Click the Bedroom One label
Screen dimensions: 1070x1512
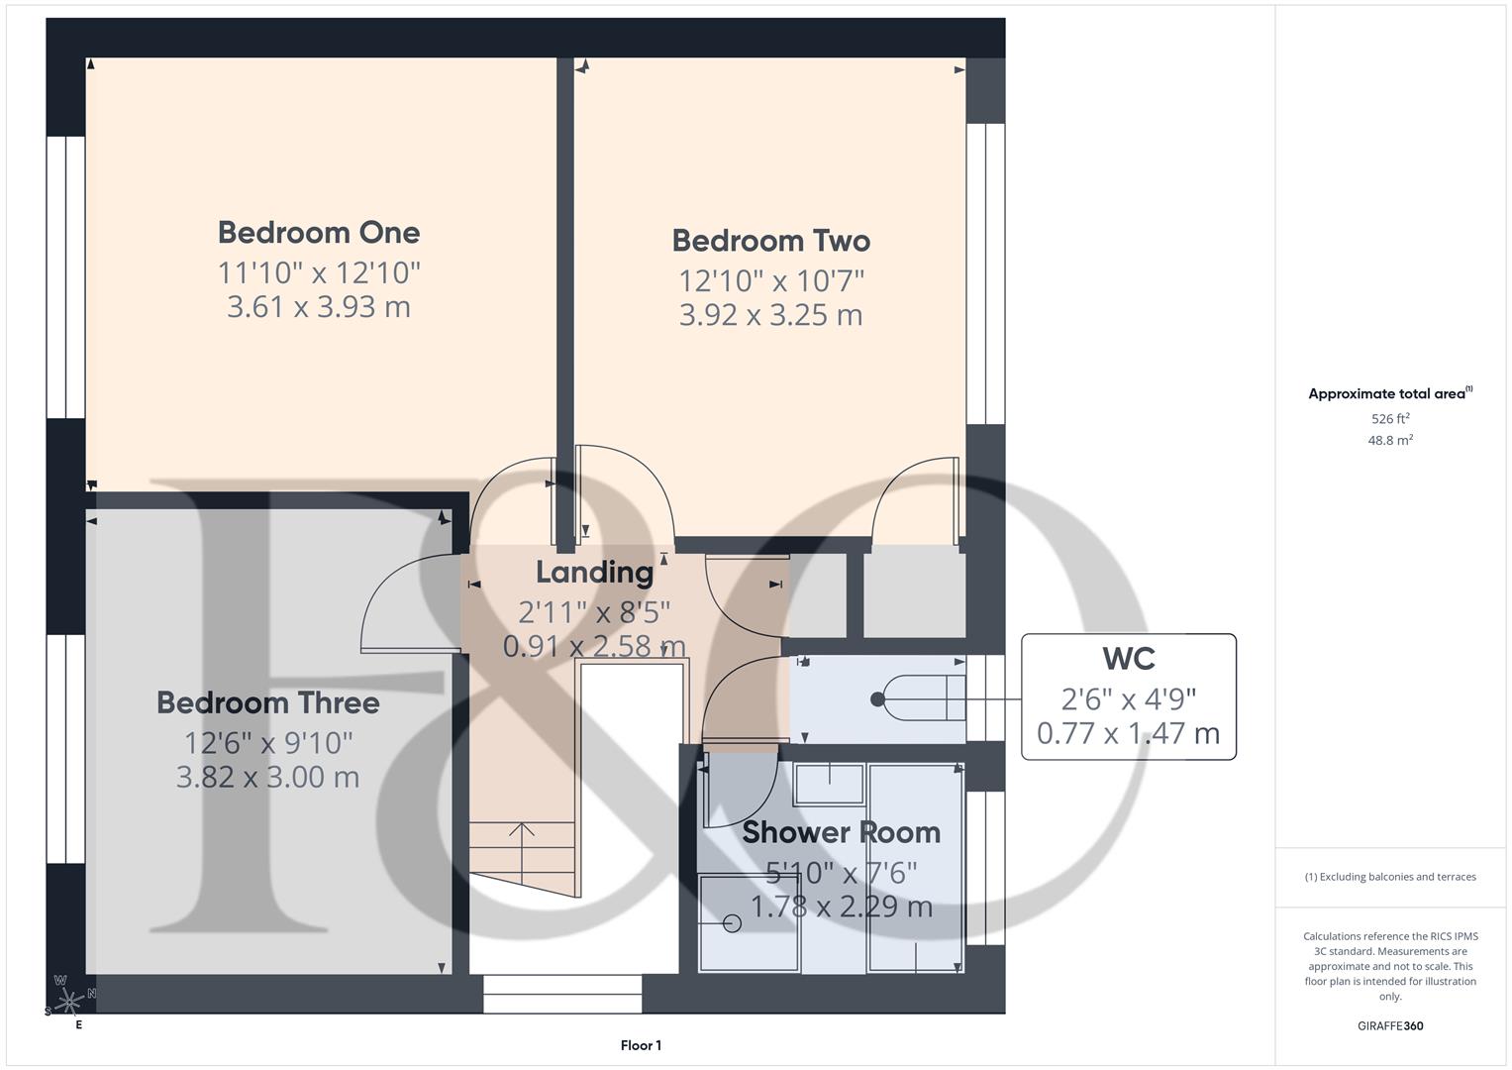pos(319,233)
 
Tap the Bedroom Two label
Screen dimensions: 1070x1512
pos(770,241)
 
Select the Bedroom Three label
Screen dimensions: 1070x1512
pos(267,703)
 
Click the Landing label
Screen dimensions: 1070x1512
pos(594,573)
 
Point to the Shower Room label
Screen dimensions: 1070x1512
pos(841,832)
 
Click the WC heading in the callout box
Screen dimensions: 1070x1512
pos(1128,659)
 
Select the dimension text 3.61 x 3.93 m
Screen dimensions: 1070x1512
pos(319,307)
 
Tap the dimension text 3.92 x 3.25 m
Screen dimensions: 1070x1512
pos(770,315)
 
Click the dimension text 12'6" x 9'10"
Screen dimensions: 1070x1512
pos(267,742)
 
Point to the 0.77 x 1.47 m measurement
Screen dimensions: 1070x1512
pos(1128,734)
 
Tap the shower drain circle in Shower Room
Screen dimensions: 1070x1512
pos(732,923)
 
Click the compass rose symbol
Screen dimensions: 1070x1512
pos(68,1002)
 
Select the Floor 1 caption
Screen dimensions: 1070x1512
pos(641,1045)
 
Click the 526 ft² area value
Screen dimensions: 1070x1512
pos(1390,419)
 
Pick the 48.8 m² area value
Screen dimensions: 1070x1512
pos(1390,441)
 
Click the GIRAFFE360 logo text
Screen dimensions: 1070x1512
pos(1390,1026)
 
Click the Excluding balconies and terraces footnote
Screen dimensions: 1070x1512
pos(1390,877)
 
